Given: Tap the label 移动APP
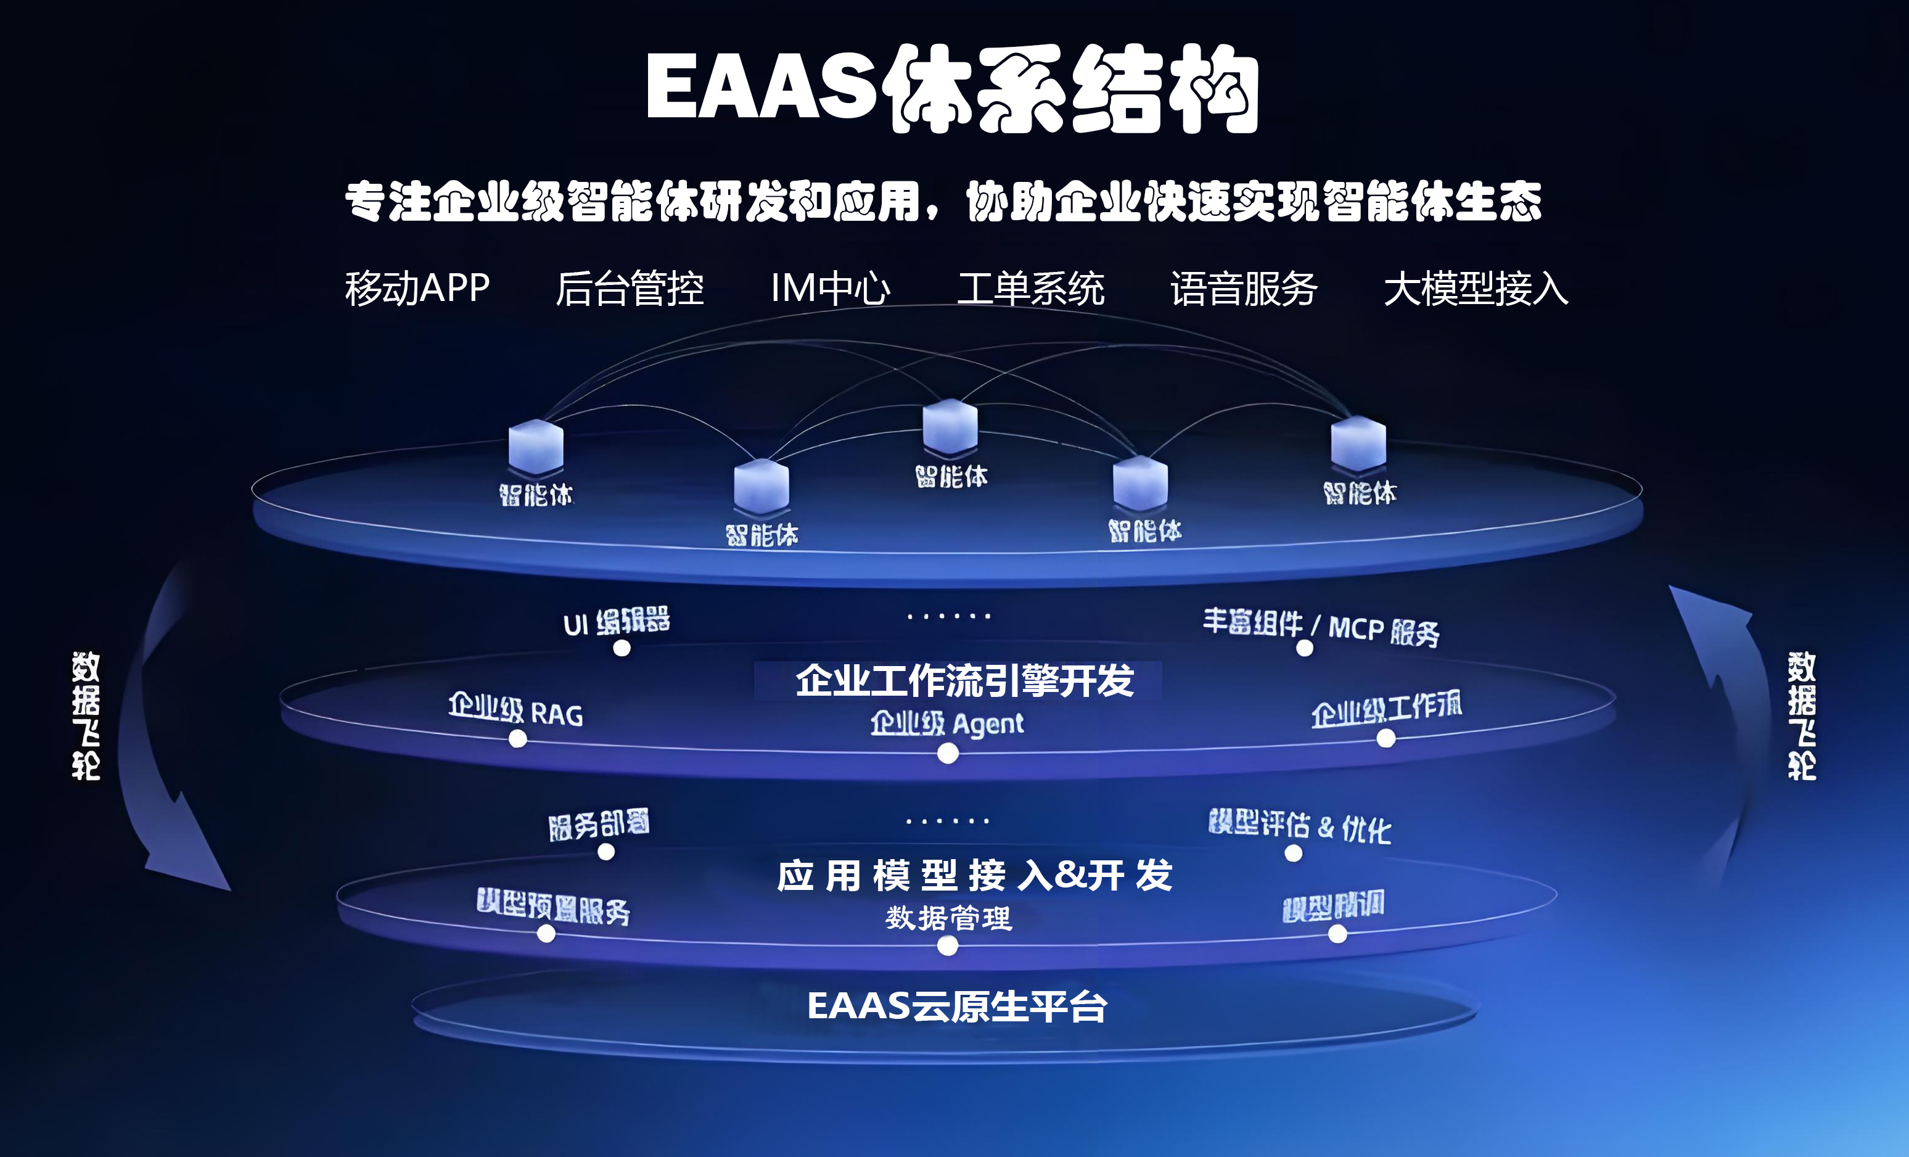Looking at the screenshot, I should pyautogui.click(x=417, y=288).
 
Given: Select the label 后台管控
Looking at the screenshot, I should pyautogui.click(x=629, y=288).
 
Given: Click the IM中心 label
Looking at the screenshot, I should pyautogui.click(x=830, y=288).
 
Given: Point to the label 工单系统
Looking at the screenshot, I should pyautogui.click(x=1030, y=288).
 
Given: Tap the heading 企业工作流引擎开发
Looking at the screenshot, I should pyautogui.click(x=964, y=680).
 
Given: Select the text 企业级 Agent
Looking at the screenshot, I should pyautogui.click(x=946, y=723).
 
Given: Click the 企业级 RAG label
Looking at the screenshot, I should pyautogui.click(x=515, y=710).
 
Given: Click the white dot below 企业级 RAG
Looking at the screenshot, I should pyautogui.click(x=517, y=739).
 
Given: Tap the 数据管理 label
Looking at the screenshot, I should pyautogui.click(x=948, y=918).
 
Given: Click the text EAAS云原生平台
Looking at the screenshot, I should pyautogui.click(x=957, y=1007).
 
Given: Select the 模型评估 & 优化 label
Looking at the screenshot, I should pyautogui.click(x=1299, y=826).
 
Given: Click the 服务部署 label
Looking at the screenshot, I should pyautogui.click(x=598, y=825).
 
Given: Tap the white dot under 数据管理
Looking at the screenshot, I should pyautogui.click(x=948, y=945).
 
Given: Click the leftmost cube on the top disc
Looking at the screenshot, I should pyautogui.click(x=535, y=447).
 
